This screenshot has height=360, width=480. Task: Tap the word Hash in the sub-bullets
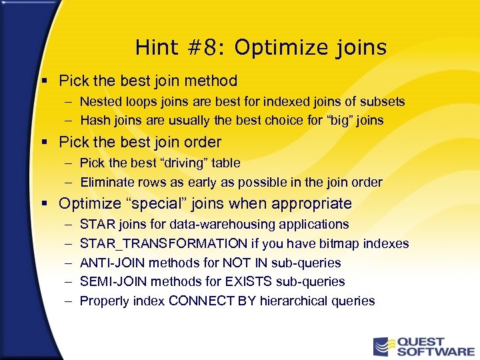click(95, 121)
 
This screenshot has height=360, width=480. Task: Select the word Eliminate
click(105, 182)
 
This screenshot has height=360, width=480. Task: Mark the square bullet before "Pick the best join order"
click(44, 143)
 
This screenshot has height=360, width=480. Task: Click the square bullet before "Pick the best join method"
click(44, 81)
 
